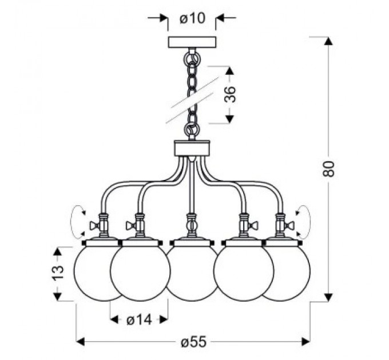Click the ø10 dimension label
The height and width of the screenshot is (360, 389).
tap(192, 18)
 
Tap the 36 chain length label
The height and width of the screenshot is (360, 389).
tap(230, 94)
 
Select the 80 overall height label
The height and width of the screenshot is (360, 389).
tap(328, 169)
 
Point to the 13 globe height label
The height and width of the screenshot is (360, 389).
tap(58, 272)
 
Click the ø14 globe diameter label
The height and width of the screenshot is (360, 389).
tap(139, 321)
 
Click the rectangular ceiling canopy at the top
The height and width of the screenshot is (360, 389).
tap(192, 42)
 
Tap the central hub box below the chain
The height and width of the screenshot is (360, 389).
tap(192, 149)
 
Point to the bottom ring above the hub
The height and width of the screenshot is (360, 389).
tap(192, 129)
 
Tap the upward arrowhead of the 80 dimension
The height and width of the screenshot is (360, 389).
tap(328, 41)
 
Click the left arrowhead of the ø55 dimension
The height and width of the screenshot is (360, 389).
tap(80, 342)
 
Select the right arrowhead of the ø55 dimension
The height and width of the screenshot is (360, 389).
tap(305, 342)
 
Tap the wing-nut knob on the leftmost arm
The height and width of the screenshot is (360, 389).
tap(94, 226)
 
